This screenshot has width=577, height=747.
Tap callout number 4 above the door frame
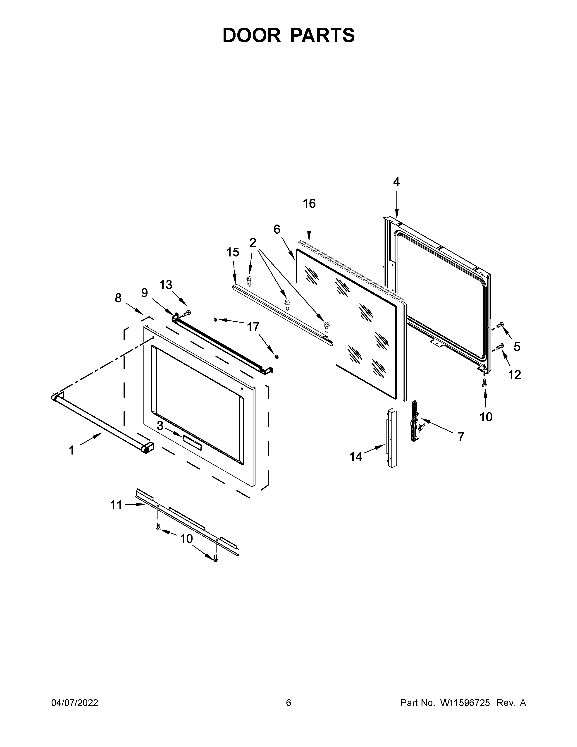click(x=396, y=182)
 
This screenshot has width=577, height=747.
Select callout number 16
click(x=309, y=204)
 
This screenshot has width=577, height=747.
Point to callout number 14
click(x=356, y=456)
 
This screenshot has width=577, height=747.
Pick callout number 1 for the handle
click(x=72, y=450)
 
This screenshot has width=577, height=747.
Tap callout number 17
click(x=253, y=327)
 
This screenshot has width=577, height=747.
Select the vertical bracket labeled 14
click(x=392, y=438)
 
